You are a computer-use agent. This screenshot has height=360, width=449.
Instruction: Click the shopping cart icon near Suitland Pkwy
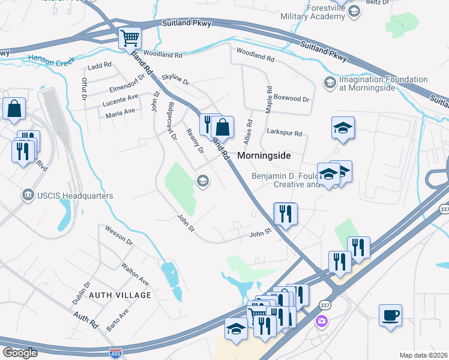click(130, 38)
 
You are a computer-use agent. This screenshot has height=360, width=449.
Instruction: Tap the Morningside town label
click(264, 155)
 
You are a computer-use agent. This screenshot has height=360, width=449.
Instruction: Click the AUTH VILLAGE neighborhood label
click(120, 295)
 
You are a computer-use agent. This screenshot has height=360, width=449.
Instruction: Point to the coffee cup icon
click(390, 315)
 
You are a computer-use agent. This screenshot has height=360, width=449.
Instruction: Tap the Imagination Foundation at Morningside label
click(383, 83)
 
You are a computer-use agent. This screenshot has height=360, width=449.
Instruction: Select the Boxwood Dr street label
click(291, 98)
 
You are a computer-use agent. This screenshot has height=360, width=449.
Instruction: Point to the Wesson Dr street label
click(118, 235)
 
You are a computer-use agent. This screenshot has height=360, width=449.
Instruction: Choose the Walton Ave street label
click(135, 273)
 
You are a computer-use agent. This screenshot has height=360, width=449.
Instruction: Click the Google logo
click(20, 353)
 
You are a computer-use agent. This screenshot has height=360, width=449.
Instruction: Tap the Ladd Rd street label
click(100, 65)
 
